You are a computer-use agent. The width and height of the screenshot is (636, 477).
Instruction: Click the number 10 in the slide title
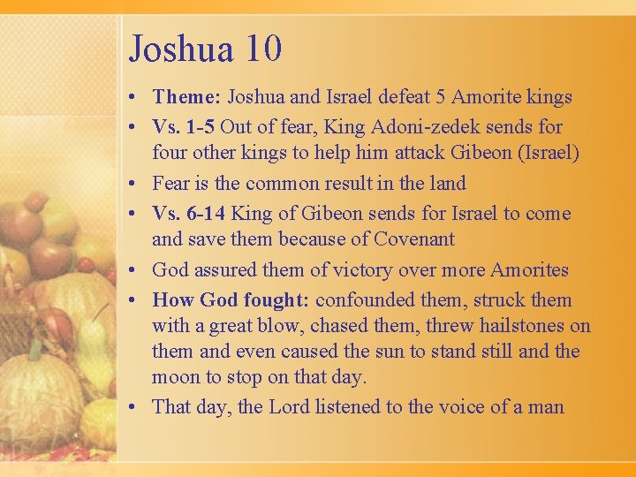(x=263, y=48)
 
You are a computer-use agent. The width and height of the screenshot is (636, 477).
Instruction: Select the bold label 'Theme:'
(x=188, y=97)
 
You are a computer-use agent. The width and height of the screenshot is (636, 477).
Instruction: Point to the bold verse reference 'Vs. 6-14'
(x=187, y=214)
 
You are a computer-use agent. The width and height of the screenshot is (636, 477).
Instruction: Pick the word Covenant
(x=414, y=239)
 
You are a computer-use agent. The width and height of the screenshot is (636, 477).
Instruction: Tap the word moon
(x=177, y=377)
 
